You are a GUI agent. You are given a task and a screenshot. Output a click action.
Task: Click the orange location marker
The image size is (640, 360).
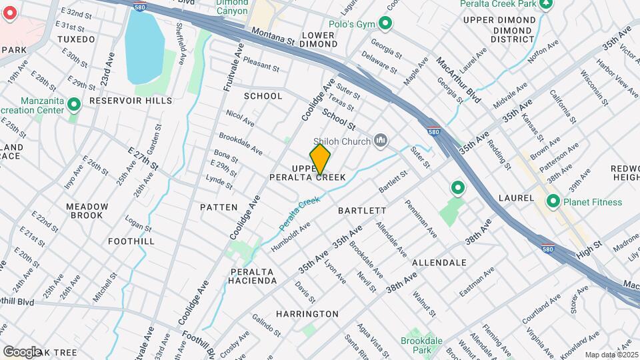click(x=320, y=159)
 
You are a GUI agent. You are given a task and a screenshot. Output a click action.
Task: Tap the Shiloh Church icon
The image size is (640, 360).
click(x=381, y=139)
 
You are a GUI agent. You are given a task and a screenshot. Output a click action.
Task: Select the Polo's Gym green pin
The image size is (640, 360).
click(x=385, y=24)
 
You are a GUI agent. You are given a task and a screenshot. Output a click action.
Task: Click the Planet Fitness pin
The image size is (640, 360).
click(x=553, y=201)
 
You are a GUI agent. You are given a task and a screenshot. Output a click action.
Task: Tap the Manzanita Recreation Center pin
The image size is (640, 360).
click(x=74, y=105)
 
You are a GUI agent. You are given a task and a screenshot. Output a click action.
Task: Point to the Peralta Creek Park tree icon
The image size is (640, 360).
click(x=547, y=4)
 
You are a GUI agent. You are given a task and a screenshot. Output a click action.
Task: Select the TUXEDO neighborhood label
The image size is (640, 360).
click(x=76, y=39)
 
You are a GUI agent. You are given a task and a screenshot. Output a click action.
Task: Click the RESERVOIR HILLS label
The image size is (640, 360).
click(x=121, y=100)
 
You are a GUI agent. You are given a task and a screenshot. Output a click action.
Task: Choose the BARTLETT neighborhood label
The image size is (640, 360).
click(x=362, y=210)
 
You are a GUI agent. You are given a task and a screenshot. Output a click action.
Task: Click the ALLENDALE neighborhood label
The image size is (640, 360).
click(x=439, y=263)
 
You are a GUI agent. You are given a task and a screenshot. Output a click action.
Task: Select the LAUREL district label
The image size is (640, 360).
click(x=516, y=198)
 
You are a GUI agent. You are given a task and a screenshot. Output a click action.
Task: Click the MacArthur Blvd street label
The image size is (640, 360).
click(x=459, y=80)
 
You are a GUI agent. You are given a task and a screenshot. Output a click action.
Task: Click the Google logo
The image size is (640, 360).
click(x=21, y=351)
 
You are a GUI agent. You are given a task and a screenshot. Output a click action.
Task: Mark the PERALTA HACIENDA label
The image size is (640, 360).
click(x=253, y=276)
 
